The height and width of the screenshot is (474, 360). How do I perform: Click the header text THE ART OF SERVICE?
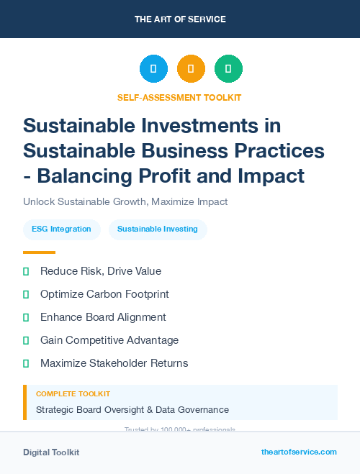(180, 19)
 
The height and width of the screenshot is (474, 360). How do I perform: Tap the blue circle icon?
(153, 69)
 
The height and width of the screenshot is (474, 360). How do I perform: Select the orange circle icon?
(191, 69)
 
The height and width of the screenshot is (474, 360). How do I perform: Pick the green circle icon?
(228, 69)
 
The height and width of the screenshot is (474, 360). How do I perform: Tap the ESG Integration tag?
(61, 229)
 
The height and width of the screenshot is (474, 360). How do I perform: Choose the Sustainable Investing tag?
(158, 229)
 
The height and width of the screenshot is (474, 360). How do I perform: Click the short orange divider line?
(39, 252)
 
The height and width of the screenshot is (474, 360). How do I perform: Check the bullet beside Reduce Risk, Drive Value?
(27, 271)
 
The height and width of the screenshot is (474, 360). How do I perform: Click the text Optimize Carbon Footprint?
(104, 294)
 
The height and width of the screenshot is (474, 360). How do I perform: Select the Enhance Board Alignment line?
(103, 317)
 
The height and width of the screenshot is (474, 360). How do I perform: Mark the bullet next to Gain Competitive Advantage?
(27, 340)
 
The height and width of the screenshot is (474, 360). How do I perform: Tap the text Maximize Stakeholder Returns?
(114, 363)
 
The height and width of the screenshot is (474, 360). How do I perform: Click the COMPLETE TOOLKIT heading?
(73, 394)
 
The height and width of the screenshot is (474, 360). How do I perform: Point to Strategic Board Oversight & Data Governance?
(132, 410)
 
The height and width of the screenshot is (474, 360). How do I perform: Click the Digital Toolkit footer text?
(51, 452)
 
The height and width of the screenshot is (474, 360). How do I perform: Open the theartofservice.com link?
(299, 452)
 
